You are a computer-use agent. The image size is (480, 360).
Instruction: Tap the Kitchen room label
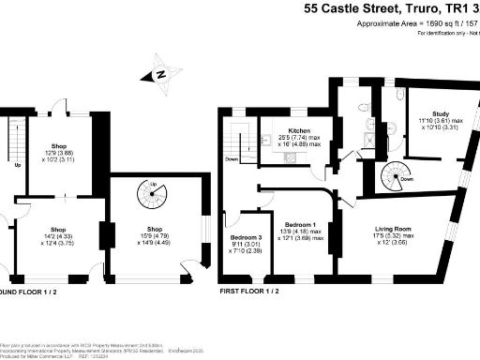click(x=299, y=130)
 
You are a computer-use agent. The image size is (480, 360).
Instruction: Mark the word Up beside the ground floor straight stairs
click(x=18, y=166)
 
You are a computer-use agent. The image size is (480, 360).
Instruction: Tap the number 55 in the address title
click(x=311, y=9)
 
